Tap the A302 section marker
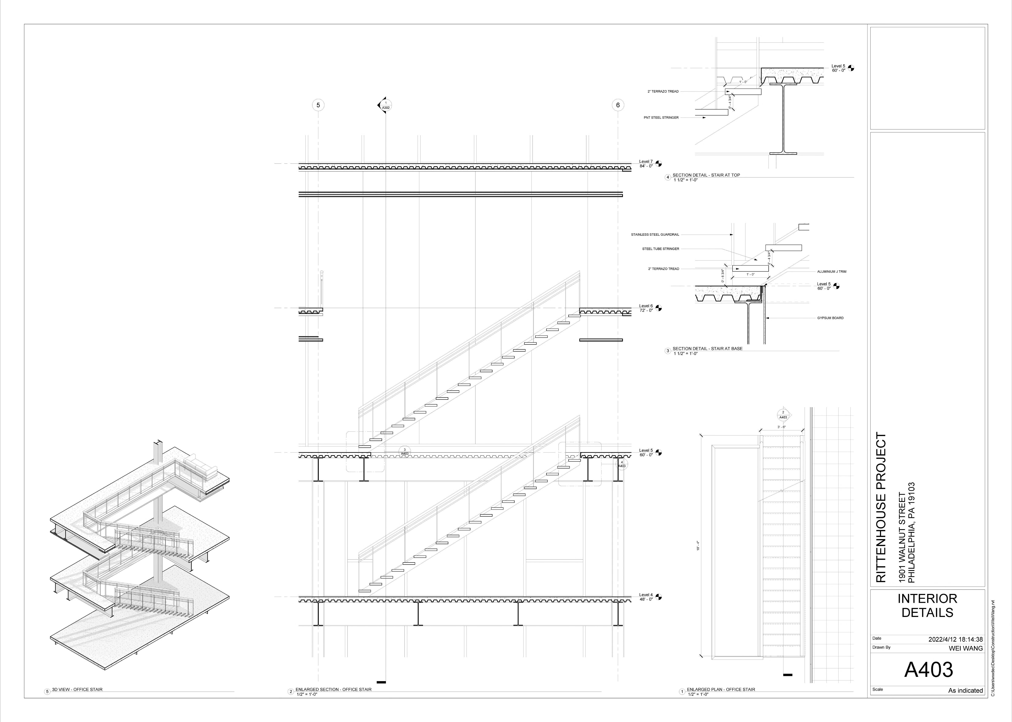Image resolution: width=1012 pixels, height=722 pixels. [x=385, y=105]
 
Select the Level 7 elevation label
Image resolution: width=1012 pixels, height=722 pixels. [x=646, y=164]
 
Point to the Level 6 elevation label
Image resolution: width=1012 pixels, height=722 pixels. [x=646, y=308]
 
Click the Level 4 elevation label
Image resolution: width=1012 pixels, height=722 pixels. [x=646, y=597]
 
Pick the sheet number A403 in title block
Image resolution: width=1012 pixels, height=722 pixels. [x=928, y=669]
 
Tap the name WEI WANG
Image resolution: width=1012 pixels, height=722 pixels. [x=966, y=648]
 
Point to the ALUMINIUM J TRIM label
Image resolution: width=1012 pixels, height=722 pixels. [x=831, y=271]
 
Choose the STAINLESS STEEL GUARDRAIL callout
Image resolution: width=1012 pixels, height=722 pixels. [x=655, y=234]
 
